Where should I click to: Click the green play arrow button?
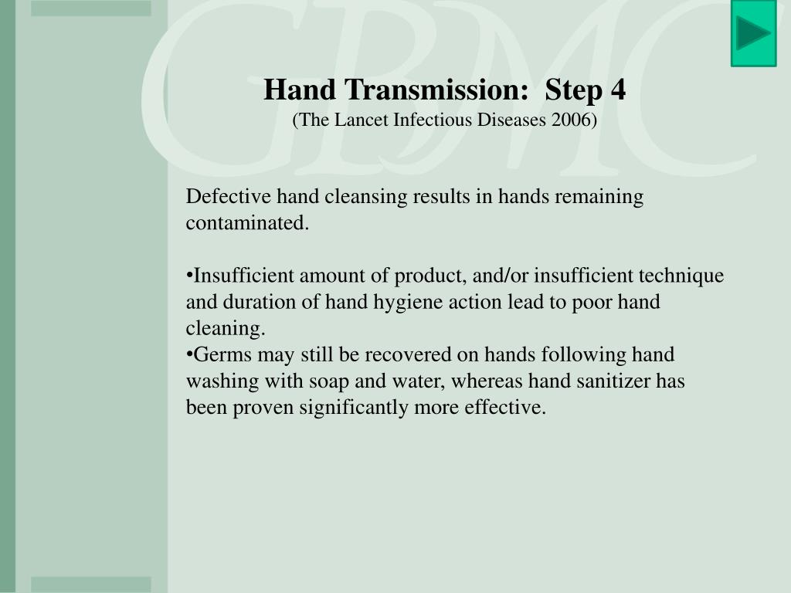[753, 33]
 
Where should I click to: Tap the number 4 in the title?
[618, 90]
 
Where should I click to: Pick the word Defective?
[228, 196]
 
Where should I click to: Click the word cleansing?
[365, 197]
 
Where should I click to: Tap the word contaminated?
[247, 223]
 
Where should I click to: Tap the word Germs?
[222, 354]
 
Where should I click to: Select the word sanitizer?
[613, 381]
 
